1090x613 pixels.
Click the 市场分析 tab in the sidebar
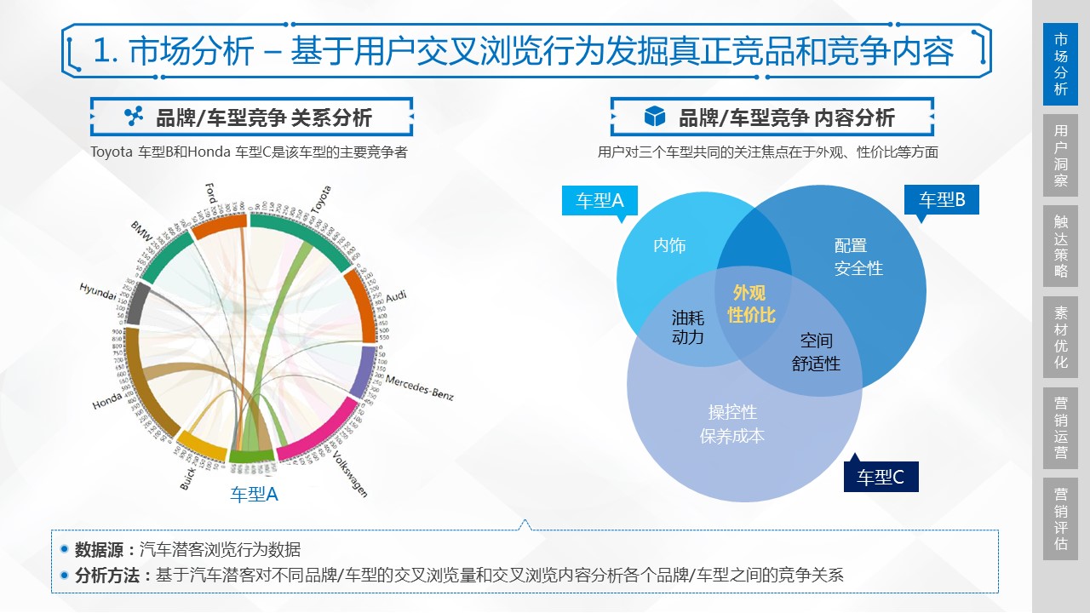tap(1060, 64)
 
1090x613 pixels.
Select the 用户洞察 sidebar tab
tap(1060, 155)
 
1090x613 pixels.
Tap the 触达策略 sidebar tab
tap(1060, 245)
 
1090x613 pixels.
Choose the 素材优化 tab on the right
tap(1060, 337)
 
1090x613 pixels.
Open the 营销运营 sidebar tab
tap(1060, 428)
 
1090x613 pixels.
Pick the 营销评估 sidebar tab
tap(1060, 518)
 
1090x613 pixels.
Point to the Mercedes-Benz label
tap(419, 387)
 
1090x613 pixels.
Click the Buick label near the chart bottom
tap(189, 477)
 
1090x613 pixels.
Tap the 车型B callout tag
tap(942, 200)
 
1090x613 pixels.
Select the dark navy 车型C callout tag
tap(881, 478)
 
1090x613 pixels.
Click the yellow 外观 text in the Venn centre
tap(749, 293)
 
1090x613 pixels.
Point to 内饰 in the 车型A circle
tap(669, 246)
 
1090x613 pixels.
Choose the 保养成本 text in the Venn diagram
tap(732, 436)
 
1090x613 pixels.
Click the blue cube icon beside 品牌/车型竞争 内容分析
tap(654, 117)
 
